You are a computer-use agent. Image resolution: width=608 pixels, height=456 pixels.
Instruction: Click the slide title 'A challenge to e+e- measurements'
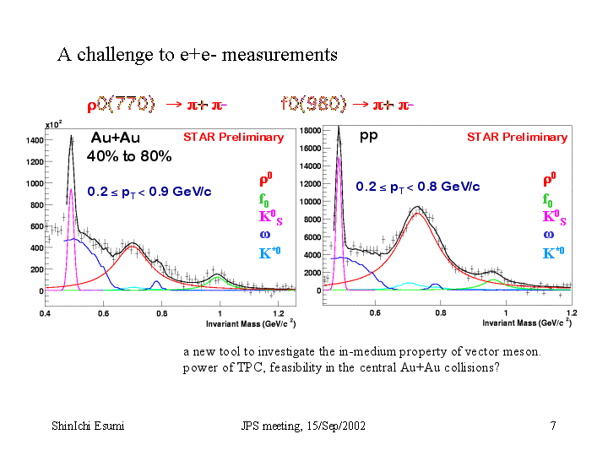click(197, 55)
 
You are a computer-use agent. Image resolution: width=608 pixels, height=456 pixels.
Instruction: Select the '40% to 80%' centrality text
click(129, 156)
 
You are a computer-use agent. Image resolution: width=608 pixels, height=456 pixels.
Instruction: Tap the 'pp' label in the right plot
click(368, 135)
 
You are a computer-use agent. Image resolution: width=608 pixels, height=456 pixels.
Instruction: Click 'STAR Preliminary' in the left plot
click(234, 137)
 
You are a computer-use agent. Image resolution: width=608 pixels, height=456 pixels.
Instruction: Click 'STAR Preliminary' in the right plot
click(517, 137)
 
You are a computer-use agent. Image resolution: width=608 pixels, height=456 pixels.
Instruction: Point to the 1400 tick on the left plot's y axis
click(34, 139)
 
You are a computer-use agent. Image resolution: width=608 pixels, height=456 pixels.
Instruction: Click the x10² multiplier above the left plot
click(52, 124)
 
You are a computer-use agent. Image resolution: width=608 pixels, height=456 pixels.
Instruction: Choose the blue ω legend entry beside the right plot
click(548, 236)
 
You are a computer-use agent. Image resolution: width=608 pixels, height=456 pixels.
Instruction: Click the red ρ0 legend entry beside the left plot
click(265, 180)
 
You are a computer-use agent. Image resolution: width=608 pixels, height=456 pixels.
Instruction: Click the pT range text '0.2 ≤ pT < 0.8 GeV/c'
click(417, 187)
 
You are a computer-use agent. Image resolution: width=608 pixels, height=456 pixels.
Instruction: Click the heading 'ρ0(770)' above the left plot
click(122, 104)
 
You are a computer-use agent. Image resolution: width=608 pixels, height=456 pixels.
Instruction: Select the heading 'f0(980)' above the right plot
click(313, 104)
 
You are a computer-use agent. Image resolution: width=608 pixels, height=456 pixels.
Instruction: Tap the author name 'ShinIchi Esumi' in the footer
click(88, 426)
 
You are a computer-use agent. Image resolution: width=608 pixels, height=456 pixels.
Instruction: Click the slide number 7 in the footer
click(552, 426)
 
